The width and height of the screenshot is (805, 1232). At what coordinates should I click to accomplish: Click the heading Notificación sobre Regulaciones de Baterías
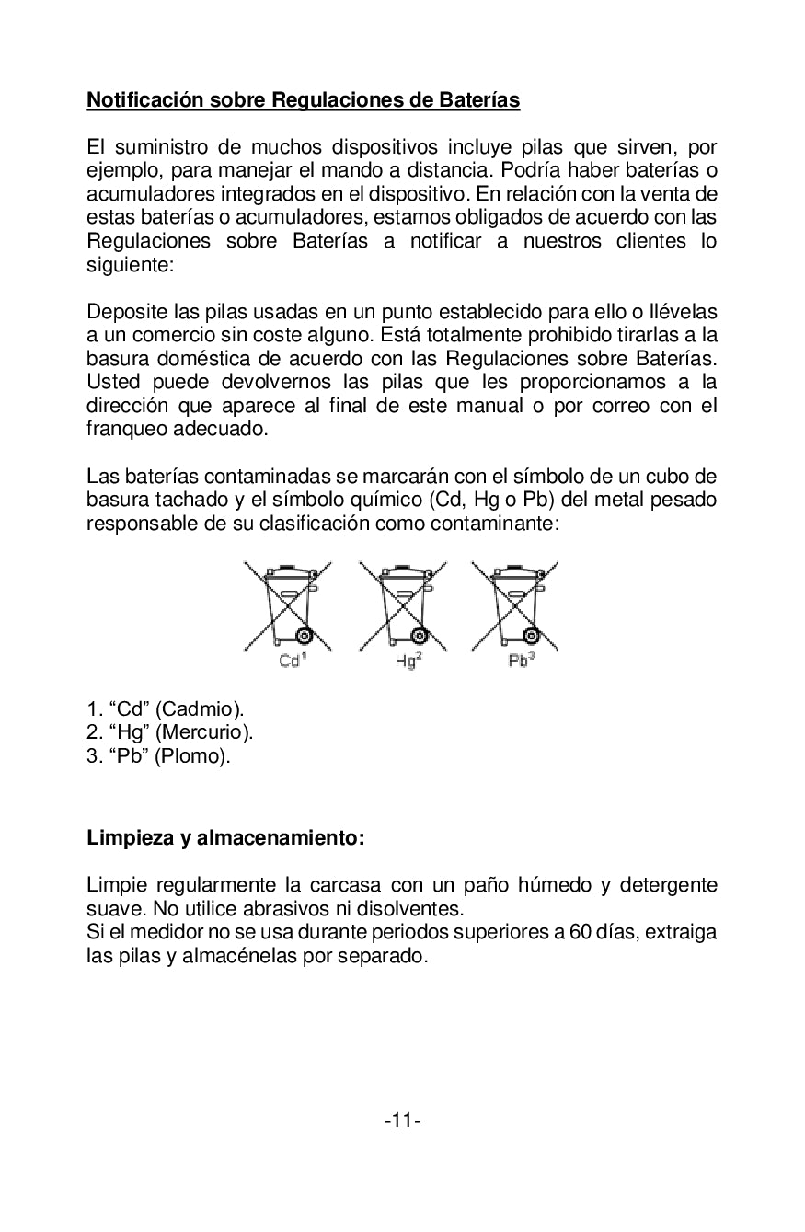click(x=303, y=100)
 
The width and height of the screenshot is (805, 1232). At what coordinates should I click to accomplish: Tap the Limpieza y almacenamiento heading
click(x=225, y=838)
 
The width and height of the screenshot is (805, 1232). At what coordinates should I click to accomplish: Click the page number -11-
click(x=402, y=1120)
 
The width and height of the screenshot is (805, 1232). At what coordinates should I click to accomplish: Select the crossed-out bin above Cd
click(x=287, y=605)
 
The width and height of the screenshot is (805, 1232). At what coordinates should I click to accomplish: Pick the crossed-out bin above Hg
click(x=402, y=605)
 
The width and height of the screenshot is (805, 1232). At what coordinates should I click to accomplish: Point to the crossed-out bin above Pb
click(x=515, y=605)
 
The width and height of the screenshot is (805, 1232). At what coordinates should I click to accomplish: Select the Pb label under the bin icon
click(x=520, y=662)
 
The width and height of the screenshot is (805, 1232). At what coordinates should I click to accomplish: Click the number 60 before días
click(x=580, y=932)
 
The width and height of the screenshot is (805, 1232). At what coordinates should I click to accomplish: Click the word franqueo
click(x=126, y=430)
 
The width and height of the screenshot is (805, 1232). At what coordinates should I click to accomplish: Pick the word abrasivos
click(x=269, y=909)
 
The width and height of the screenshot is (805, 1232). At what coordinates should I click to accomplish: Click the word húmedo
click(x=555, y=885)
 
